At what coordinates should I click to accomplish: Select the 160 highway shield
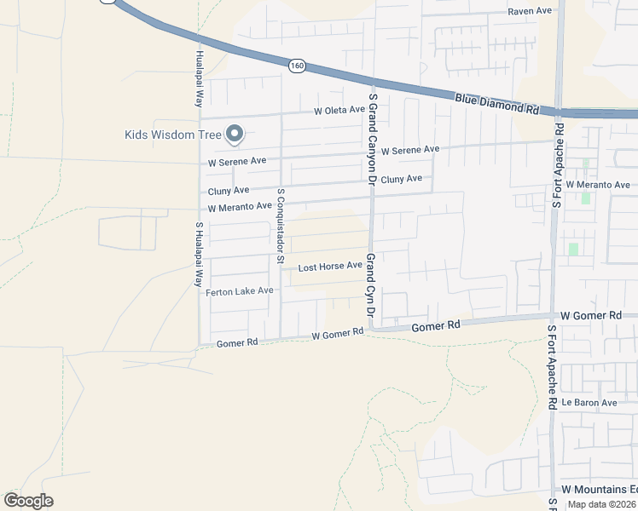296,64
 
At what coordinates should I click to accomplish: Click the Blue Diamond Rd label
497,105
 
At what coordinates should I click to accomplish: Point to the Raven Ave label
531,12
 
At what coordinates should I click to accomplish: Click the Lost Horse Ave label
330,267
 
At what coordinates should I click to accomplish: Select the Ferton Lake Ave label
240,291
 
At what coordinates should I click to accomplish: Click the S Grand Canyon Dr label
372,141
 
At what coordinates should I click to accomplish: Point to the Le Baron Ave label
589,402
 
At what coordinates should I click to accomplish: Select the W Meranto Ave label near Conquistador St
240,207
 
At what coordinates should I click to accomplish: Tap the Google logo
28,501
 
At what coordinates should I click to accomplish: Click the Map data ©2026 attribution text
601,504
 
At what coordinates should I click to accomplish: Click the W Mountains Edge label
598,490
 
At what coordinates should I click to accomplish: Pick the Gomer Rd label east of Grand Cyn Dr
435,325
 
